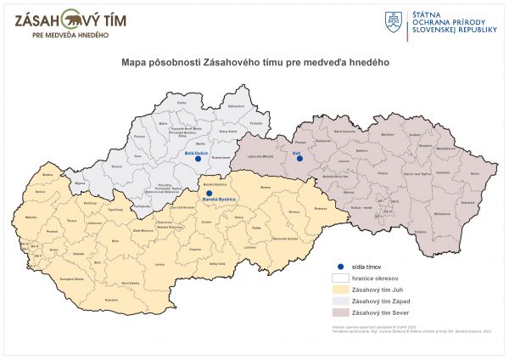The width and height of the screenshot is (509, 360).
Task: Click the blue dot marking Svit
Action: click(299, 158)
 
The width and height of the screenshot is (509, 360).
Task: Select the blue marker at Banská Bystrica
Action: click(208, 193)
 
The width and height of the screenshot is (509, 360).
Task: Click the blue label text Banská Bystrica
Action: click(219, 199)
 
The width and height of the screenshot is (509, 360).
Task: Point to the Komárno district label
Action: click(111, 300)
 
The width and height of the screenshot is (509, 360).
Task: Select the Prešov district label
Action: click(383, 172)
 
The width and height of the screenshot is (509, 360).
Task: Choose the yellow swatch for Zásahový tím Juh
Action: click(343, 289)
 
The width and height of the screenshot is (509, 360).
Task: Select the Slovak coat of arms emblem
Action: click(394, 22)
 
